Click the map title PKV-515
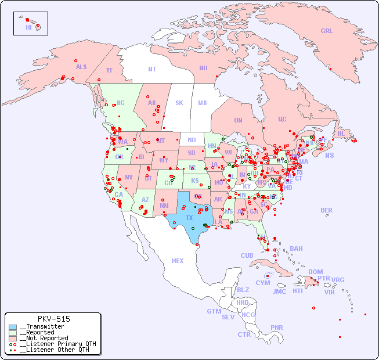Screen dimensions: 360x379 click(53, 319)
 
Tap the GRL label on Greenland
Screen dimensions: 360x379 click(327, 31)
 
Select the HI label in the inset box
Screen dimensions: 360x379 click(28, 27)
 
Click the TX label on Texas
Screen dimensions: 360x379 click(189, 218)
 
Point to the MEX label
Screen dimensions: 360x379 click(178, 261)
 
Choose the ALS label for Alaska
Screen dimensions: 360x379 click(81, 67)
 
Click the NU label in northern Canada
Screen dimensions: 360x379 click(203, 68)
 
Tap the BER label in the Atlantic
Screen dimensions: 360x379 click(327, 210)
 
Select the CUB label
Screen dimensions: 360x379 click(247, 255)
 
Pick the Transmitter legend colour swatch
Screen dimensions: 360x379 click(13, 327)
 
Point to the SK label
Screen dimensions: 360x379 click(179, 103)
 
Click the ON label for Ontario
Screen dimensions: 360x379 click(238, 120)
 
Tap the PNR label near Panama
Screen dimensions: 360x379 click(277, 327)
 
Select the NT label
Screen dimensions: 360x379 click(152, 69)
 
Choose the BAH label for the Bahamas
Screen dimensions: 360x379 click(296, 249)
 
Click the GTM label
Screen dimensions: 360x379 click(214, 311)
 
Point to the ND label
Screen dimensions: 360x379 click(192, 140)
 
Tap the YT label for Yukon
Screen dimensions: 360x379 click(109, 70)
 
